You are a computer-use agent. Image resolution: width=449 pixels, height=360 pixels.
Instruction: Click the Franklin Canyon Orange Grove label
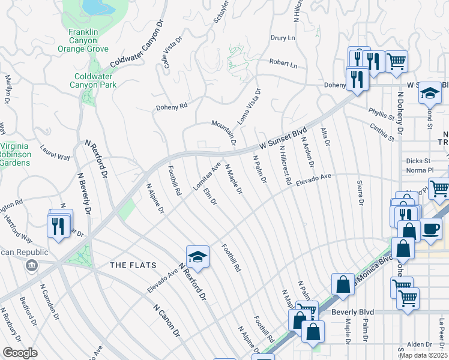click(x=88, y=40)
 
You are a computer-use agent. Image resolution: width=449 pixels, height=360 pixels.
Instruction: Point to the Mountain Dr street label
click(x=223, y=133)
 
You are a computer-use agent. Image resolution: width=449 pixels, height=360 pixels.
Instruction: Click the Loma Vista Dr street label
click(x=250, y=107)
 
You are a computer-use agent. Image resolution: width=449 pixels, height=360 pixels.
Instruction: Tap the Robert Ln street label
click(x=283, y=63)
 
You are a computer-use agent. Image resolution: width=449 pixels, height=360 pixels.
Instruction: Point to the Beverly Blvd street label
click(x=353, y=313)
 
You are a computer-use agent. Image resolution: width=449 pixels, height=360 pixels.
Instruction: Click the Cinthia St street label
click(x=382, y=133)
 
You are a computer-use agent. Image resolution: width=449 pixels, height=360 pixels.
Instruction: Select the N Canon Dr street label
click(x=166, y=320)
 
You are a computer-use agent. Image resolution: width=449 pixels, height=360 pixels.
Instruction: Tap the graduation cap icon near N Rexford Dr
click(x=197, y=257)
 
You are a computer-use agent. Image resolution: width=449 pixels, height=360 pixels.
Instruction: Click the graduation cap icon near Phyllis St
click(x=430, y=93)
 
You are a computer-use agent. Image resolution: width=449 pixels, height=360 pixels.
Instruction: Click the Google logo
click(x=20, y=353)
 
